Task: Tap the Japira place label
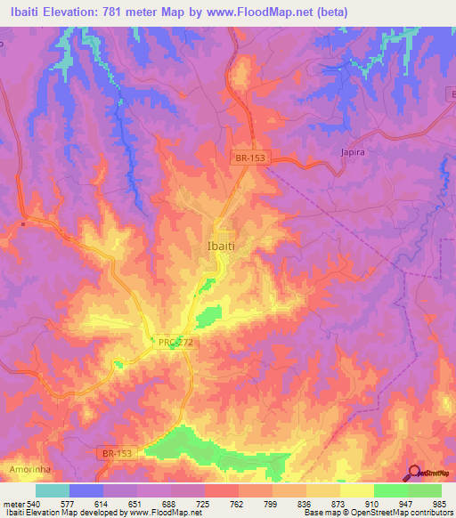tap(354, 152)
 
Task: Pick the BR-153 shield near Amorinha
tap(117, 454)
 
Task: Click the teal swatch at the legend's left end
tap(53, 490)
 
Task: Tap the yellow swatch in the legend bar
tap(356, 490)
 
